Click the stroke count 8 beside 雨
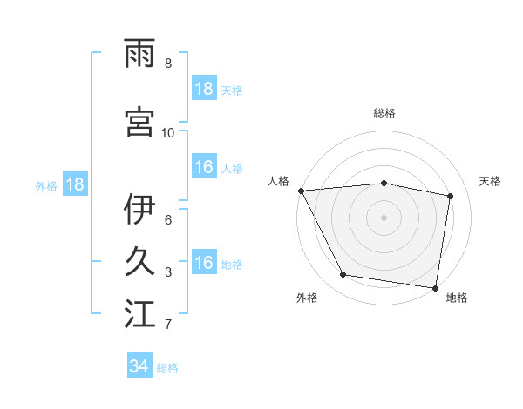[x=167, y=64]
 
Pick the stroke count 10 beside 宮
[x=167, y=132]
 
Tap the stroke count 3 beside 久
[x=167, y=272]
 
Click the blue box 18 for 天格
[x=204, y=89]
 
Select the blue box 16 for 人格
[x=204, y=167]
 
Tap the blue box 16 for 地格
[x=204, y=263]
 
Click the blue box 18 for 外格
[x=75, y=184]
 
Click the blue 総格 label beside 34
[x=167, y=368]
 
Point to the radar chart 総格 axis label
[x=384, y=114]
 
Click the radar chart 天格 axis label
[x=491, y=181]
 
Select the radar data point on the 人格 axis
[x=301, y=190]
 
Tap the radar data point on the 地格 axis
[x=435, y=287]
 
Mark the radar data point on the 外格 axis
[x=343, y=275]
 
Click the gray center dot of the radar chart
[x=384, y=217]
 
